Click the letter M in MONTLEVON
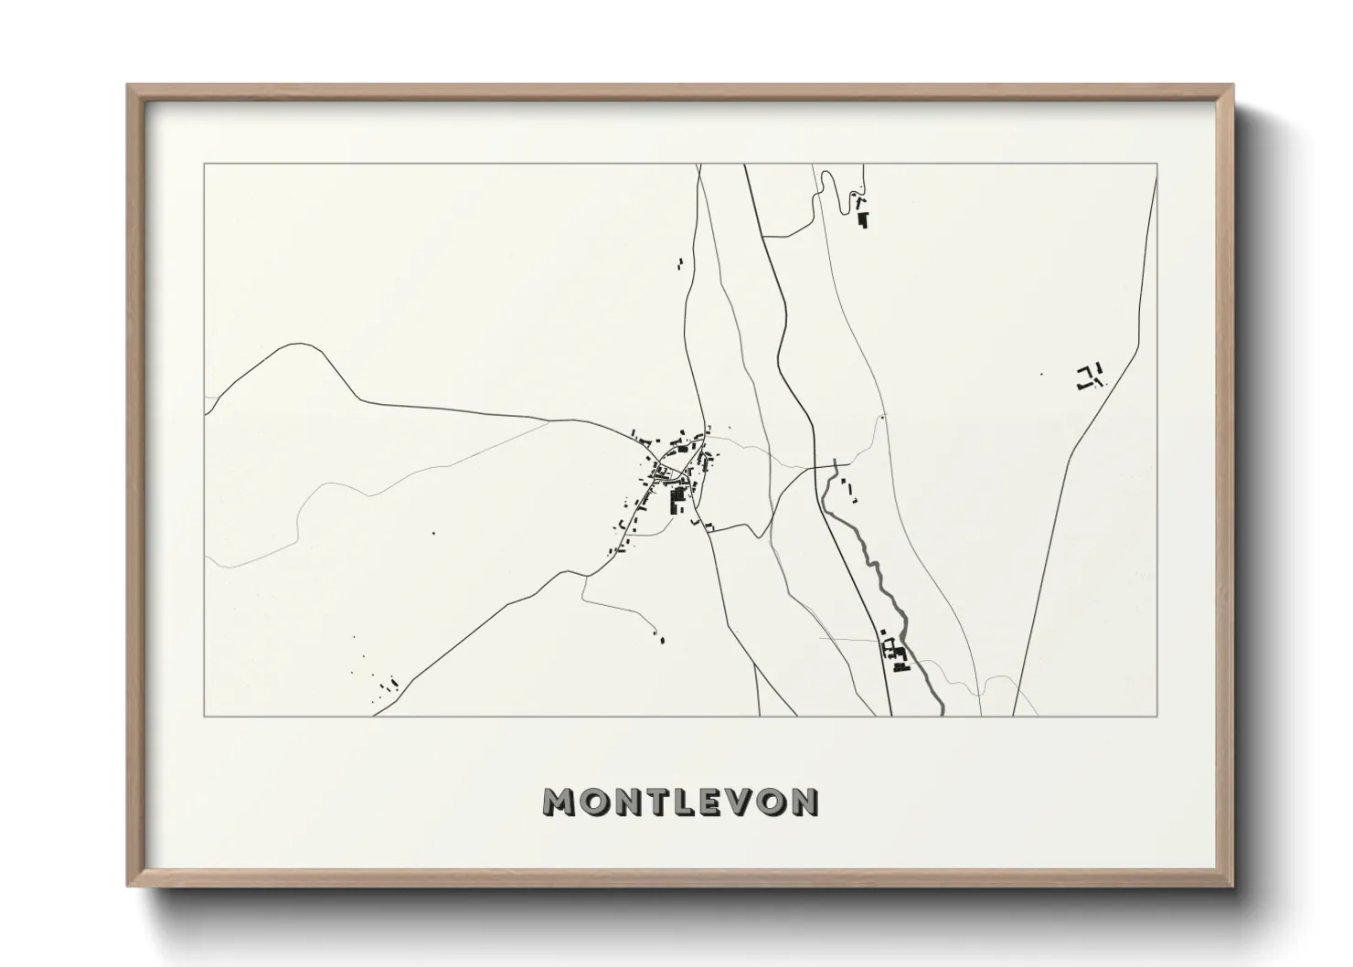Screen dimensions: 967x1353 tap(559, 802)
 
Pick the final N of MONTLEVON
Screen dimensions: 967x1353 tap(805, 802)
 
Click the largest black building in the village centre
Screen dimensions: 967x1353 tap(678, 500)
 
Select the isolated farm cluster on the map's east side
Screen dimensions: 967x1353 tap(1089, 377)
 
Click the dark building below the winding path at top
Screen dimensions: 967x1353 tap(862, 218)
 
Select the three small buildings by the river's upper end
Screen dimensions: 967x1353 tap(847, 490)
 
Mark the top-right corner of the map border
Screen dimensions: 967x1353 tap(1157, 165)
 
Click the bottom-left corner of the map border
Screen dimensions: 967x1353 tap(205, 716)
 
